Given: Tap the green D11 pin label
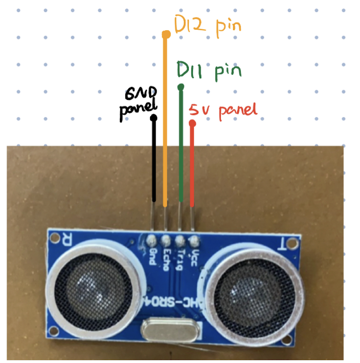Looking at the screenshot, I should coord(209,71).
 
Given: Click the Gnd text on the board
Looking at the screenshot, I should coord(153,255).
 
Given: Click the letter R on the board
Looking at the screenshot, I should coord(66,240).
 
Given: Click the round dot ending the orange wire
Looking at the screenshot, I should coord(165,34).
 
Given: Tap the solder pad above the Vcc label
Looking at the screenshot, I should coord(193,241).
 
